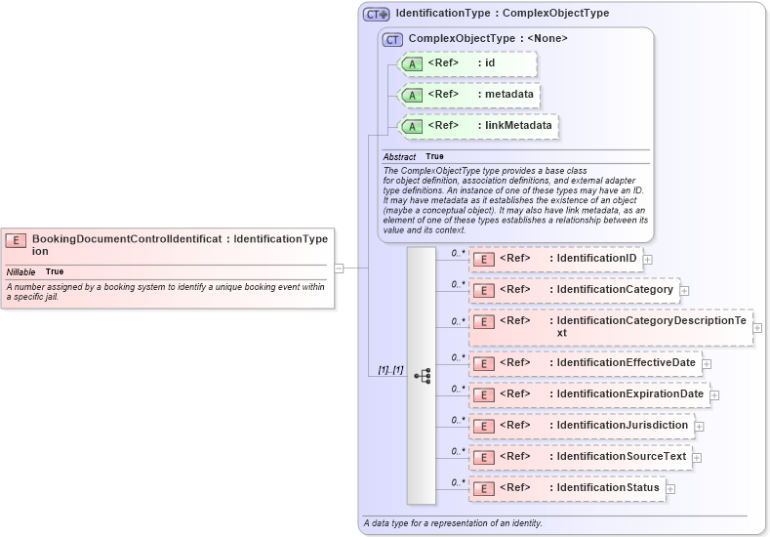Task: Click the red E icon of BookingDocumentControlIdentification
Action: click(x=17, y=239)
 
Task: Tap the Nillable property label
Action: click(x=21, y=271)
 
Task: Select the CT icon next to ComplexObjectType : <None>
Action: click(x=392, y=39)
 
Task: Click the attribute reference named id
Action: click(x=468, y=63)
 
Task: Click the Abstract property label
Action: click(x=398, y=156)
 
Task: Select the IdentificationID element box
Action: click(x=555, y=259)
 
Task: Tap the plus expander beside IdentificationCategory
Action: click(x=685, y=291)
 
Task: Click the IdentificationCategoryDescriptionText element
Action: click(x=611, y=327)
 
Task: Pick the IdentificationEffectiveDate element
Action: click(x=585, y=363)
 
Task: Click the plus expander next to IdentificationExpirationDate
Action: click(x=714, y=395)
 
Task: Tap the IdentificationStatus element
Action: click(x=566, y=488)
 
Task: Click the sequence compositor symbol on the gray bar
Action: click(x=422, y=375)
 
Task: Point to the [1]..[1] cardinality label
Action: click(x=390, y=370)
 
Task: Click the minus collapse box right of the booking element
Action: click(x=339, y=267)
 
